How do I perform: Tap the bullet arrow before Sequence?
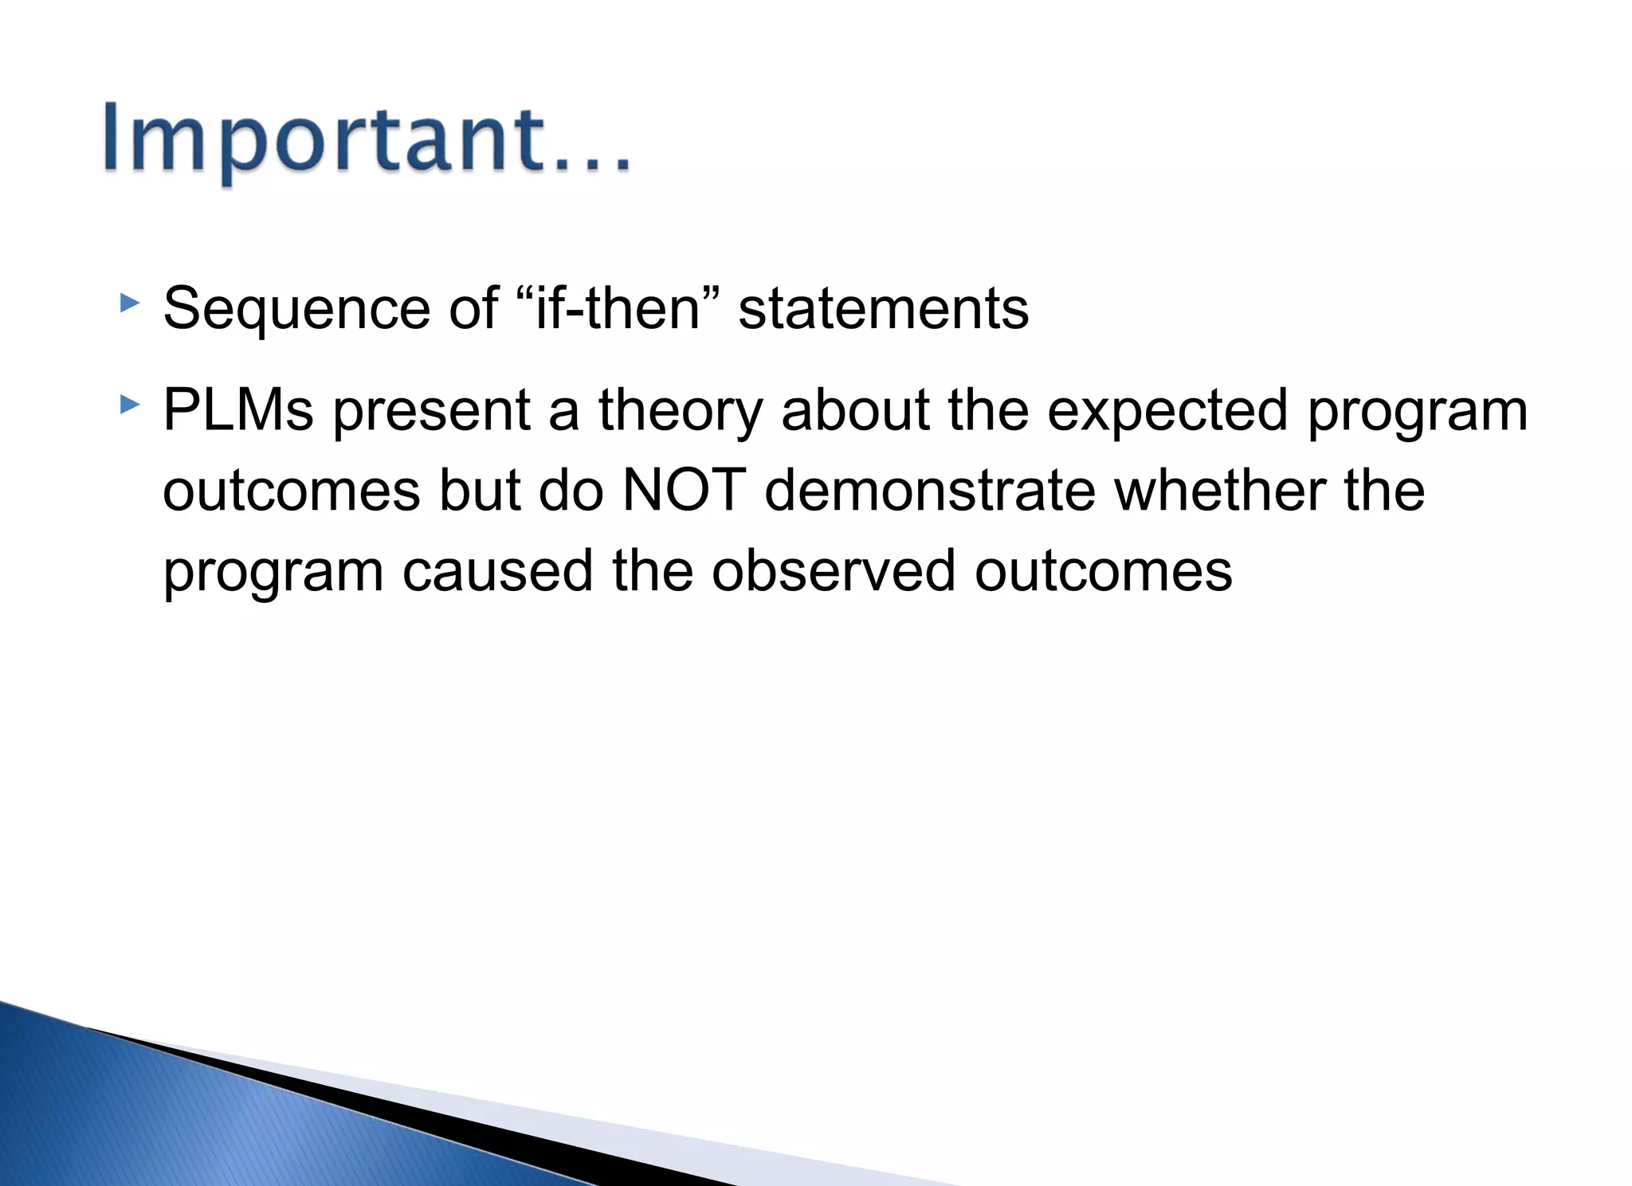pyautogui.click(x=129, y=303)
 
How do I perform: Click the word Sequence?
pyautogui.click(x=296, y=309)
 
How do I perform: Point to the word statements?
pyautogui.click(x=883, y=309)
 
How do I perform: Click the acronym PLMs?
pyautogui.click(x=238, y=411)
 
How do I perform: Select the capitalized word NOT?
pyautogui.click(x=684, y=491)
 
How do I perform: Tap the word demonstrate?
pyautogui.click(x=930, y=491)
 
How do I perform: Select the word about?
pyautogui.click(x=855, y=411)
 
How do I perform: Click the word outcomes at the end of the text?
pyautogui.click(x=1103, y=571)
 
